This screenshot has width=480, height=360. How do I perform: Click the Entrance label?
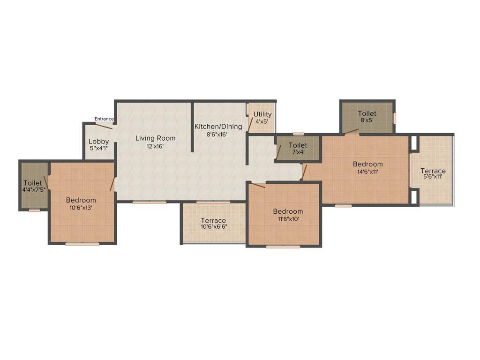pyautogui.click(x=104, y=119)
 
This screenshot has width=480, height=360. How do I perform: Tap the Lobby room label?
pyautogui.click(x=99, y=141)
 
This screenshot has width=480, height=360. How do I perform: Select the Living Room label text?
pyautogui.click(x=156, y=138)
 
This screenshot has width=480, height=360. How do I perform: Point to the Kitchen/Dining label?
pyautogui.click(x=218, y=126)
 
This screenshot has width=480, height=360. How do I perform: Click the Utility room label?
pyautogui.click(x=262, y=114)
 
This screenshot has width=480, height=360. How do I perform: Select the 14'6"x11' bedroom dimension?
pyautogui.click(x=367, y=172)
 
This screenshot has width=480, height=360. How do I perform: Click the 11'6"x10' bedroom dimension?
pyautogui.click(x=288, y=219)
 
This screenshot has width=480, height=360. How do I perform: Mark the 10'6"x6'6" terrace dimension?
pyautogui.click(x=213, y=227)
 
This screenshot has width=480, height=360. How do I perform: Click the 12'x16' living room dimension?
pyautogui.click(x=156, y=146)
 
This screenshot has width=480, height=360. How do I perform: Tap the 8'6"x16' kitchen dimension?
pyautogui.click(x=218, y=134)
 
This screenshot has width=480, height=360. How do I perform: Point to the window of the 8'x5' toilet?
pyautogui.click(x=395, y=118)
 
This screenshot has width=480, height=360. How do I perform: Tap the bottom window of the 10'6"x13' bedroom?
pyautogui.click(x=82, y=244)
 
